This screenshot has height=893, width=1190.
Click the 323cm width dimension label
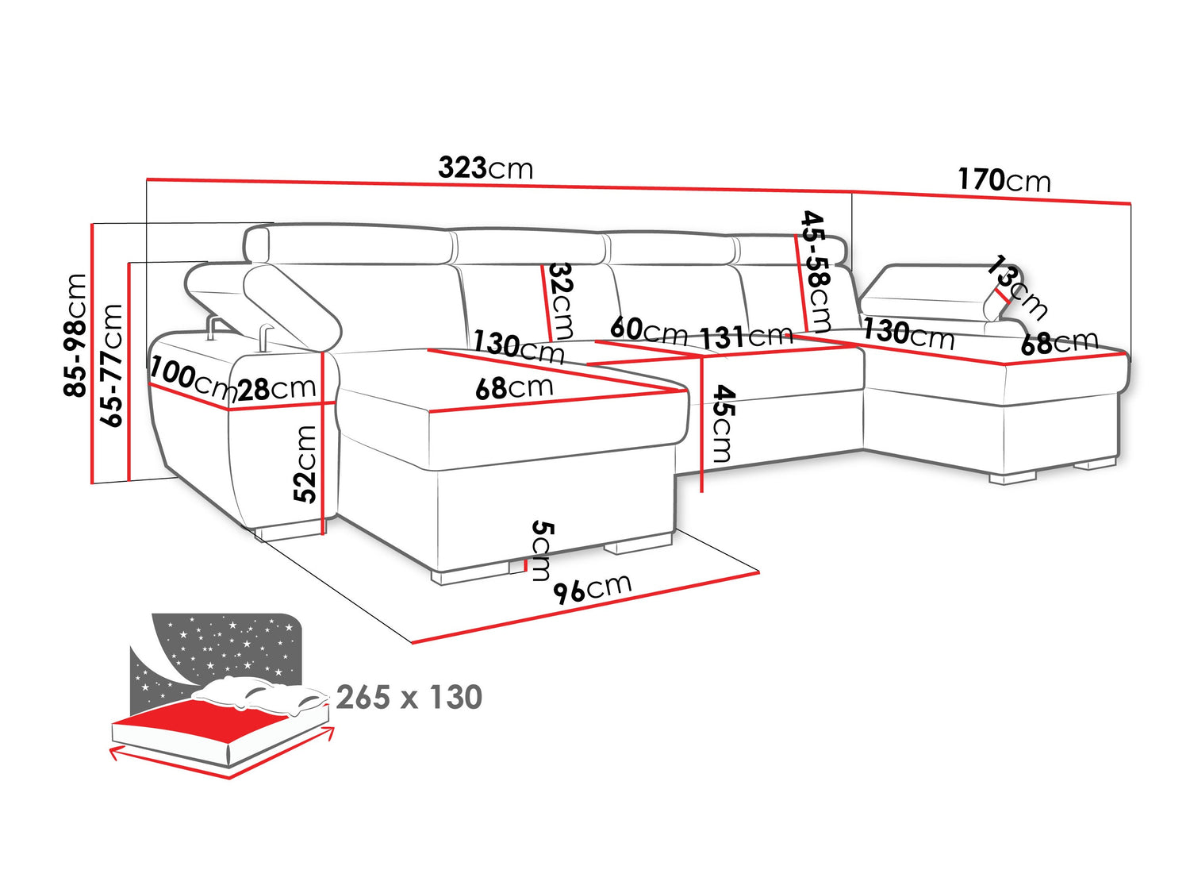(486, 168)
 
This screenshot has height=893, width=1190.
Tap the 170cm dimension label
(1004, 180)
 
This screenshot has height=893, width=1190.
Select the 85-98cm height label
(76, 334)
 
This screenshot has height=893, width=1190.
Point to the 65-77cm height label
(113, 364)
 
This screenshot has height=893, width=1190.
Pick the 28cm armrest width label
(277, 389)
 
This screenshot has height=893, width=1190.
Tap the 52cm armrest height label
(305, 464)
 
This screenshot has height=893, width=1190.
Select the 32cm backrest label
(562, 301)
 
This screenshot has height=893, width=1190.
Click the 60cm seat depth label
(648, 329)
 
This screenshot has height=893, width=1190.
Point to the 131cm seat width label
(746, 337)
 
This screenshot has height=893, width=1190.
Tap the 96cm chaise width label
(592, 588)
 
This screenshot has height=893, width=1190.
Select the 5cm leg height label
(542, 550)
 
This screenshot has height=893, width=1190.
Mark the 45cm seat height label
(723, 423)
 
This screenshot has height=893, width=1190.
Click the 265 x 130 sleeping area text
(409, 697)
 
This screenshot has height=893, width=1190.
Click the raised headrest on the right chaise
(936, 287)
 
